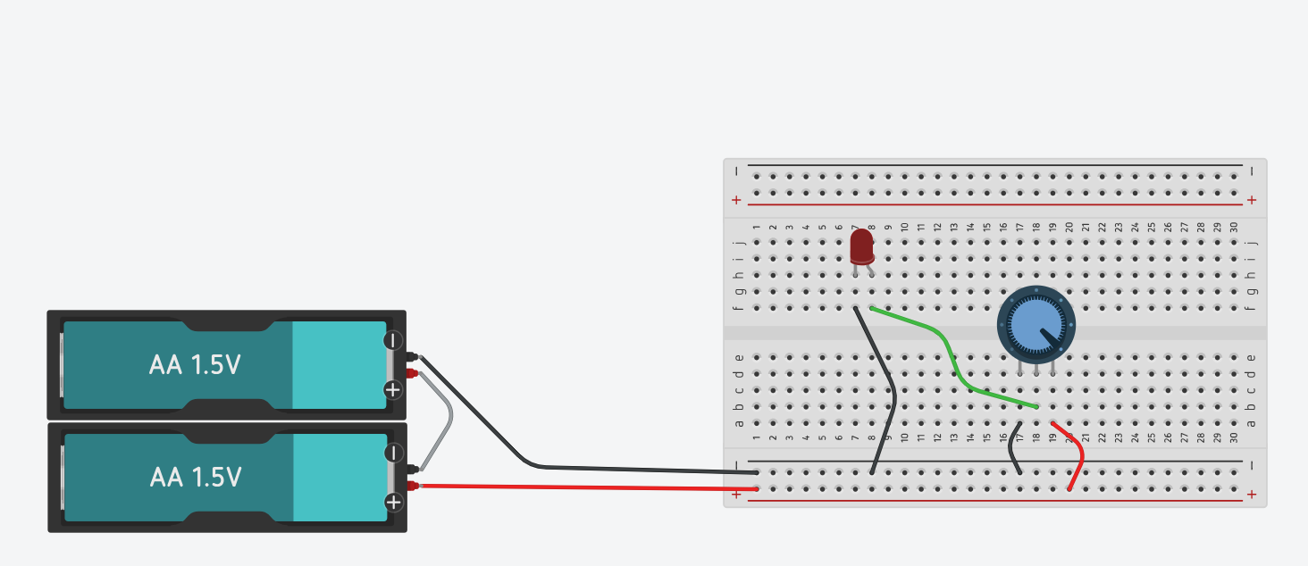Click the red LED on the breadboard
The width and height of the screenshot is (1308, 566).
click(x=861, y=246)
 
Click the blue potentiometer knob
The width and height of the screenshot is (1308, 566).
click(x=1035, y=325)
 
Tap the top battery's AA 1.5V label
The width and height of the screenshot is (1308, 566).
click(x=194, y=365)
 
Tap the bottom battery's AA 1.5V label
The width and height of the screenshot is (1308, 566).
click(x=195, y=478)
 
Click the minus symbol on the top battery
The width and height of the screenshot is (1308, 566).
click(x=393, y=340)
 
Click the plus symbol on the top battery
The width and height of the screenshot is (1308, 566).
click(x=393, y=389)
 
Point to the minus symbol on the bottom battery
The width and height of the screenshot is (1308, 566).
click(x=393, y=453)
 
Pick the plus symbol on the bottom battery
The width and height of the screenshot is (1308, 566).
click(x=393, y=502)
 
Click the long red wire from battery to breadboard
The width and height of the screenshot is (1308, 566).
click(x=581, y=487)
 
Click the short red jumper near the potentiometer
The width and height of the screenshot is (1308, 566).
click(x=1078, y=455)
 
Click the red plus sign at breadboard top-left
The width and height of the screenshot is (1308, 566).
click(x=736, y=200)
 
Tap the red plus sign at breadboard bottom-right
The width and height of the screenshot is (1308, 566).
click(x=1252, y=494)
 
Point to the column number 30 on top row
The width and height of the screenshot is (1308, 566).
click(x=1234, y=228)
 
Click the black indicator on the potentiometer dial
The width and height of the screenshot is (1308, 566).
click(x=1052, y=339)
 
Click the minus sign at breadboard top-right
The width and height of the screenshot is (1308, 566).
click(x=1252, y=171)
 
